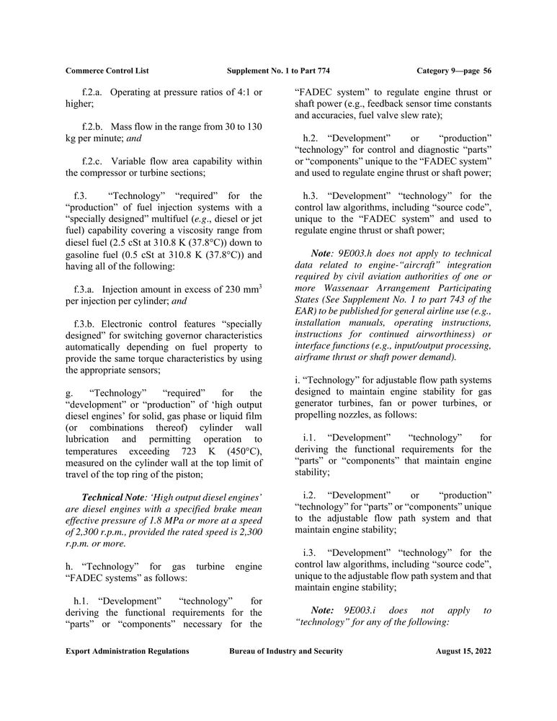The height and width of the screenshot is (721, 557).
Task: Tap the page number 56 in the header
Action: tap(487, 71)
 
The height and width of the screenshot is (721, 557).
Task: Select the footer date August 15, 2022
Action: tap(463, 651)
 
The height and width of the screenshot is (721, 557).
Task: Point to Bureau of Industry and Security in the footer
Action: tap(286, 651)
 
